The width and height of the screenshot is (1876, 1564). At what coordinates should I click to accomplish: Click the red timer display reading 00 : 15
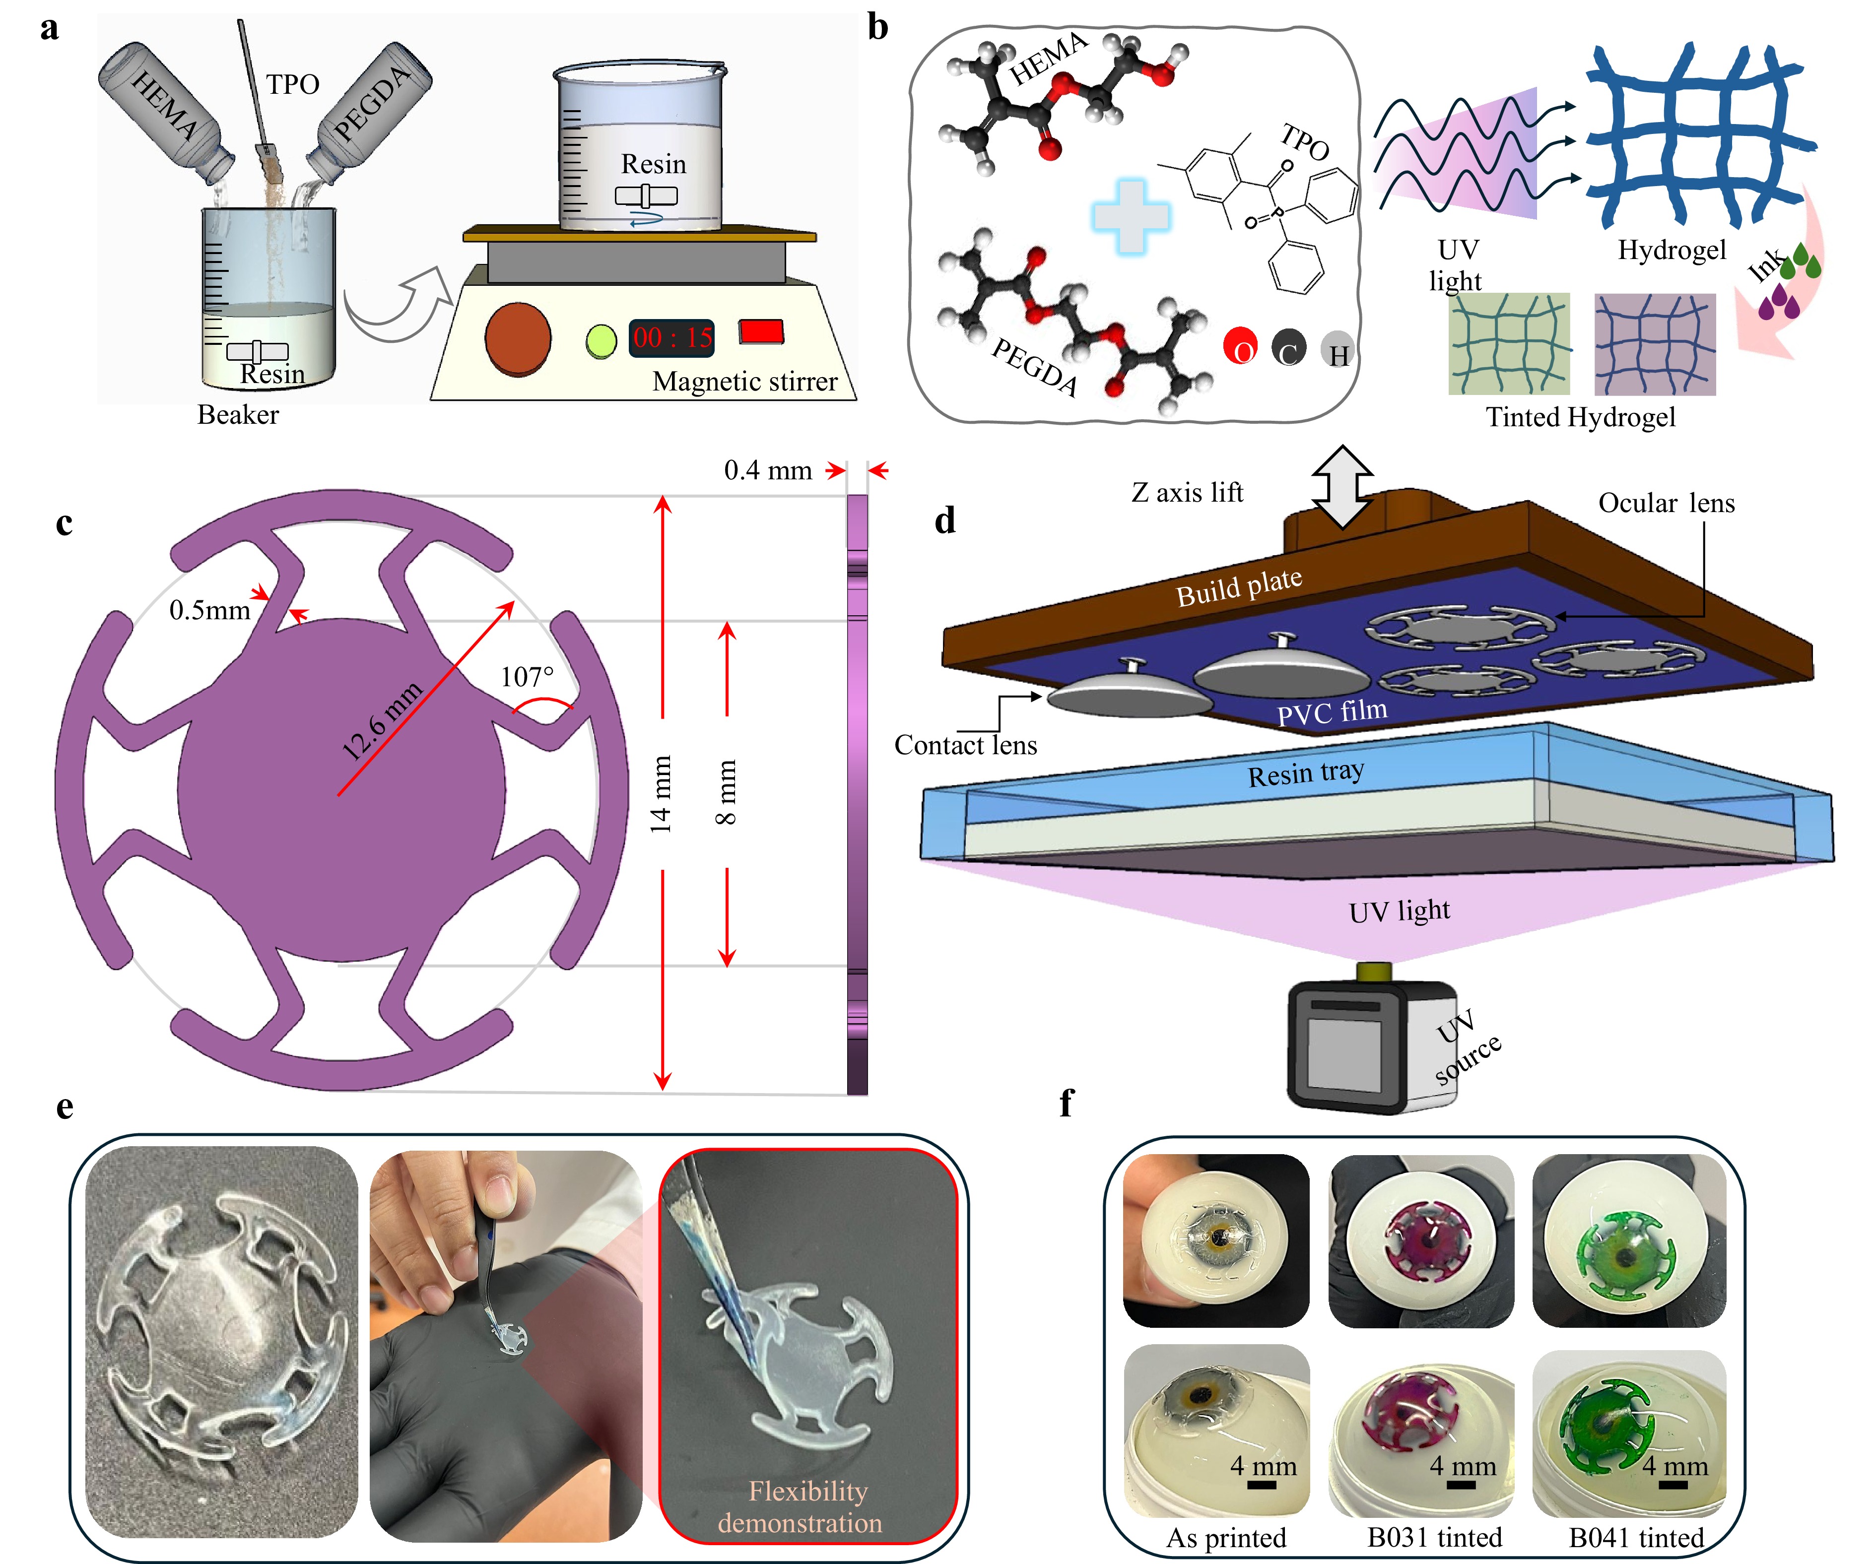(x=672, y=337)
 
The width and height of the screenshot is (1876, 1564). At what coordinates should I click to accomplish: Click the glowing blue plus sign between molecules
(x=1131, y=216)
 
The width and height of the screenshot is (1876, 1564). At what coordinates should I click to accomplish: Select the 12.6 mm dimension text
(x=382, y=721)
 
